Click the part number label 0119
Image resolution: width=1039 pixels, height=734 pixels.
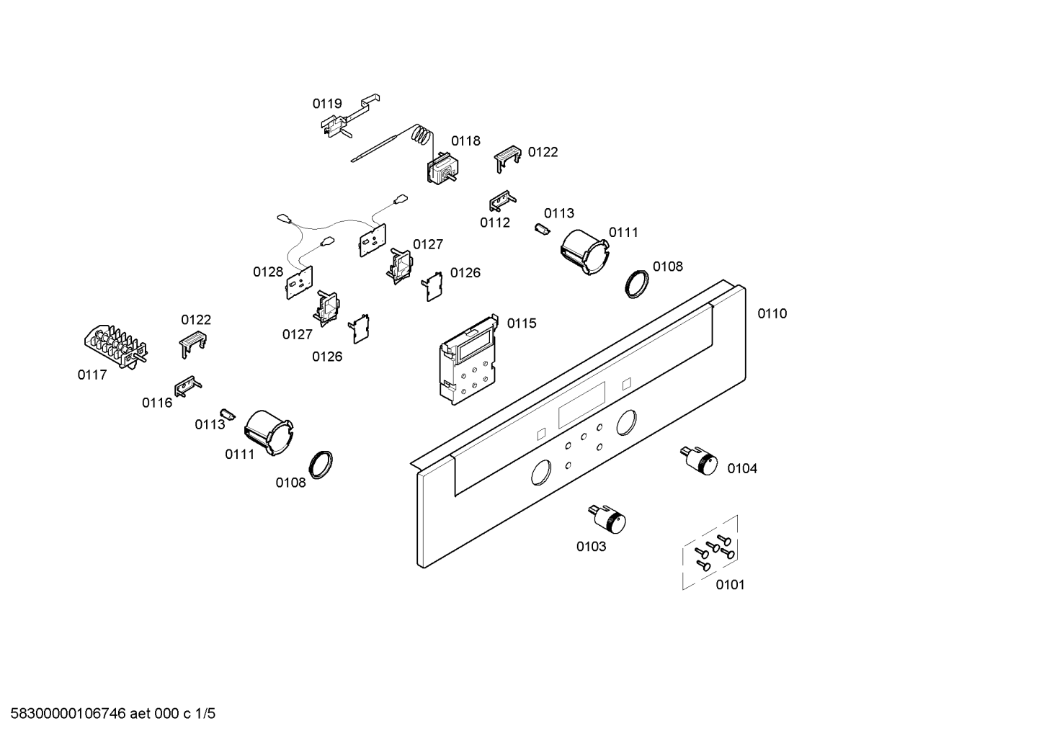click(326, 104)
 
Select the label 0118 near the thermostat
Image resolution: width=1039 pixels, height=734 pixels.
click(465, 140)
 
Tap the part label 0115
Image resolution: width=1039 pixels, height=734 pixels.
click(522, 323)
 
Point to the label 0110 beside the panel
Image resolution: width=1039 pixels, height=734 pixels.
click(772, 313)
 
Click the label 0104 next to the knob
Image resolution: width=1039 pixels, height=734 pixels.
click(741, 469)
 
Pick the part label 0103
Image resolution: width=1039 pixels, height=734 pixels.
click(591, 547)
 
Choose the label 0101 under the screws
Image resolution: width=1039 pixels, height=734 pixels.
click(730, 585)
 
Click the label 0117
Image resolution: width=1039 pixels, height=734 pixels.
click(92, 375)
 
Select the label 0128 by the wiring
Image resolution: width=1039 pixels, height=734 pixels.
click(267, 272)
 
